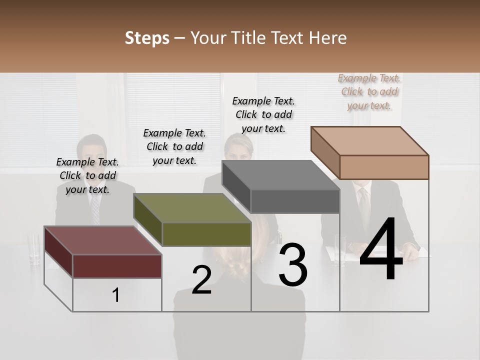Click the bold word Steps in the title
coord(147,38)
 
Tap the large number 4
coord(381,250)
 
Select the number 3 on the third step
coord(293,264)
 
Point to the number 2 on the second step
coord(201,279)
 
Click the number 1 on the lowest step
coord(116,295)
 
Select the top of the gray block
coord(280,175)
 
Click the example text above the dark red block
coord(87,175)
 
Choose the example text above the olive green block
coord(174,146)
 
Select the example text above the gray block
coord(263,114)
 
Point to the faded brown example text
coord(369,91)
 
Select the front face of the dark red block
coord(117,266)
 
